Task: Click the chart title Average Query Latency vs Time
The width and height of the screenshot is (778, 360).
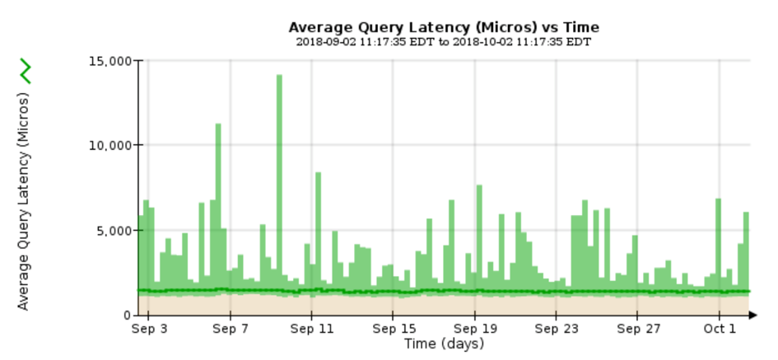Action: [444, 27]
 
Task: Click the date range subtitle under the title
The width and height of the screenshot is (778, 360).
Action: [444, 42]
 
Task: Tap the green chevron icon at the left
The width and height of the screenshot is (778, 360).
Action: [26, 72]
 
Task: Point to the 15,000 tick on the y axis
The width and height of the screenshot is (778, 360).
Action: [109, 60]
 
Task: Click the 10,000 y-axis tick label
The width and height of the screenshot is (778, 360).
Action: [109, 145]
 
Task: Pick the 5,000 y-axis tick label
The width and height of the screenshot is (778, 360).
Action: [113, 231]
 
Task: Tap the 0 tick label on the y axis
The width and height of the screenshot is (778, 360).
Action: [127, 316]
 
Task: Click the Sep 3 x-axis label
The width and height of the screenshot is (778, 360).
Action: [149, 330]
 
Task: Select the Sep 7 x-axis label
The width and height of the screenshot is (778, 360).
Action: [231, 330]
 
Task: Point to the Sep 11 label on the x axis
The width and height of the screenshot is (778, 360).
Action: [311, 330]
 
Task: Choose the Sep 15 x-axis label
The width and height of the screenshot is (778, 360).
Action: [393, 330]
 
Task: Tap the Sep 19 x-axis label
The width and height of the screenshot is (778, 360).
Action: [474, 330]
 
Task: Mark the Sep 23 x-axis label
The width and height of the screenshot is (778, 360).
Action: [556, 330]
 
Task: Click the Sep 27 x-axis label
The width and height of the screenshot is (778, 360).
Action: [637, 330]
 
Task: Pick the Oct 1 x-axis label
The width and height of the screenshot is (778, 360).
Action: [719, 330]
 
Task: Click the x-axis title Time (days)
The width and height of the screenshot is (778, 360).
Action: [444, 344]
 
